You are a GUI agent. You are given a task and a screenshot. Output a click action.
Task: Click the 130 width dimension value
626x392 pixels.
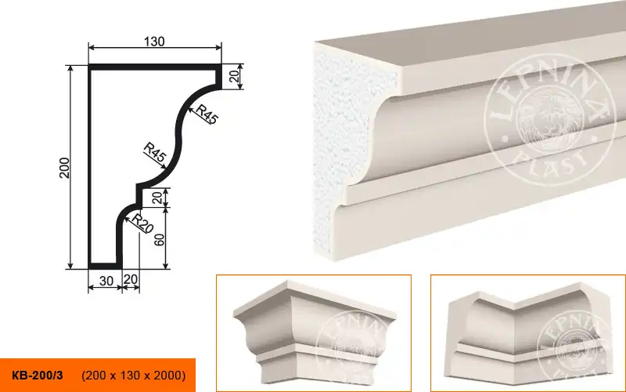coord(154,42)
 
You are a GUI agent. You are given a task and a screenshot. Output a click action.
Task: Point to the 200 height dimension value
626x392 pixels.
coord(65,168)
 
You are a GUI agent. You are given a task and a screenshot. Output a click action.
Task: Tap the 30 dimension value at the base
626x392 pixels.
coord(106,281)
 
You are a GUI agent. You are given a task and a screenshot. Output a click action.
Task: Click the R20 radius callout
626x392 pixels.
coord(142,223)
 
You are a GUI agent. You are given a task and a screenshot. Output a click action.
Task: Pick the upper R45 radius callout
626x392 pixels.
coord(207,114)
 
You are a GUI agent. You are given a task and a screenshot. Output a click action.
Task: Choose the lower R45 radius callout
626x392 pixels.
coord(154,152)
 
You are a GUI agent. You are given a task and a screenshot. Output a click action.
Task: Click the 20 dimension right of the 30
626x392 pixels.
coord(131,279)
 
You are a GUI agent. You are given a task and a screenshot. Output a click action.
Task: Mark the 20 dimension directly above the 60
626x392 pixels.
coord(160,198)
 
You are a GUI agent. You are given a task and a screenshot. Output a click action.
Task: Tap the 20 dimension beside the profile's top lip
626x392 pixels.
coord(236,75)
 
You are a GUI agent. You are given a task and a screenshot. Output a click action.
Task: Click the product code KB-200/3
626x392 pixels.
coord(38,376)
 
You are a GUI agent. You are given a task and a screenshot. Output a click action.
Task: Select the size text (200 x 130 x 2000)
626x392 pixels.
coord(133,376)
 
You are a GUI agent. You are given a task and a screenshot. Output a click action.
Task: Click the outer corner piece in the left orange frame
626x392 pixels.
coord(314,332)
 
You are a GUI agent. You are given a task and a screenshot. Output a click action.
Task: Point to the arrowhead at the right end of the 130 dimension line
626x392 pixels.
coord(218,48)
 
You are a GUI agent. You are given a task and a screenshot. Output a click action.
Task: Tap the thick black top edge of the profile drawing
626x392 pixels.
coord(155,67)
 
